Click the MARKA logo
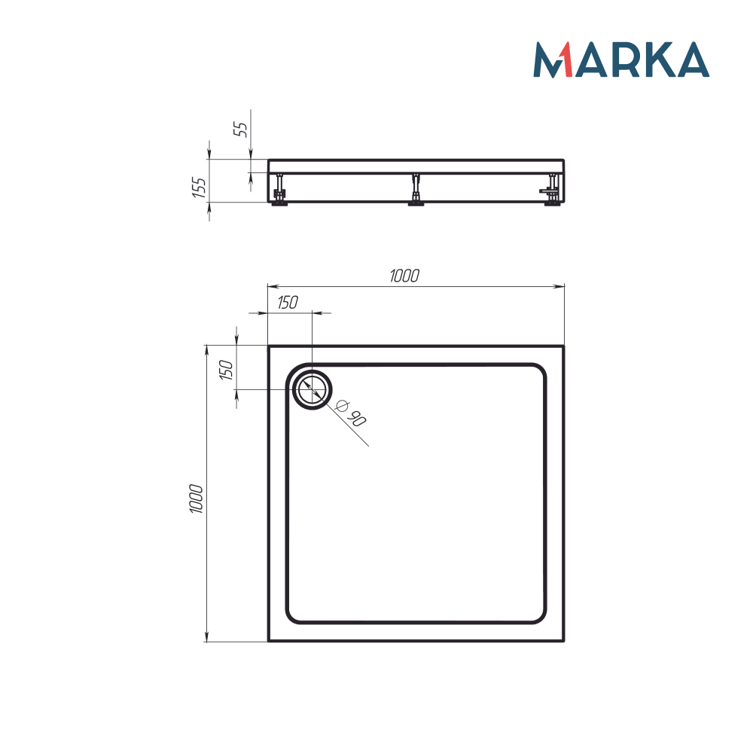coord(621,59)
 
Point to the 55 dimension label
coord(242,128)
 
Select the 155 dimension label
coord(198,187)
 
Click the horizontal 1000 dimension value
coord(404,276)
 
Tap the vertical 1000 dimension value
coord(197,498)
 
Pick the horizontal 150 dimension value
coord(287,303)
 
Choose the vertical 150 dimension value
coord(225,370)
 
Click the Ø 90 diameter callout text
coord(350,413)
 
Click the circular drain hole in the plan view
coord(311,389)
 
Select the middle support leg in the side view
coord(415,189)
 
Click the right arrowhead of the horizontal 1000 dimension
coord(559,286)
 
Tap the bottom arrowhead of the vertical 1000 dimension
coord(207,637)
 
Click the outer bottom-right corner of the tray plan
coord(563,641)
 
